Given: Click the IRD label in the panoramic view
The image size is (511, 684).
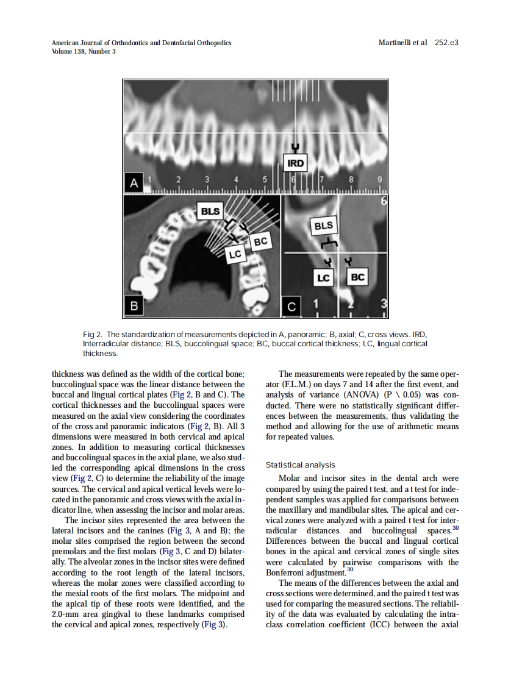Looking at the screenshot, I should tap(296, 163).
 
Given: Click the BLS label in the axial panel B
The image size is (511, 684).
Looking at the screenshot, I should tap(210, 211).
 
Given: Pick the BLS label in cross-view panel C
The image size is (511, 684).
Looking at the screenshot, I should tap(323, 226).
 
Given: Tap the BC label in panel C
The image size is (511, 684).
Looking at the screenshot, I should tap(357, 278).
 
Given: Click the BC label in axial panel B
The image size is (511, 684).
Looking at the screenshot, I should tap(260, 242).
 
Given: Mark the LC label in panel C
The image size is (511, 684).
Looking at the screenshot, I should tap(323, 278).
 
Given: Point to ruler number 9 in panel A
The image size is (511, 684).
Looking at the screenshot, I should tap(379, 180).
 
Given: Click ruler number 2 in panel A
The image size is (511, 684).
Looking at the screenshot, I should tap(178, 180).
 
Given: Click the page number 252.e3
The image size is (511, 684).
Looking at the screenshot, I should tap(446, 43).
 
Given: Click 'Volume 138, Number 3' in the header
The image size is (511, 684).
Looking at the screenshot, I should tap(84, 51).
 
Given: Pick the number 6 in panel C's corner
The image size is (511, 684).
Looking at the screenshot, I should tap(383, 201).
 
